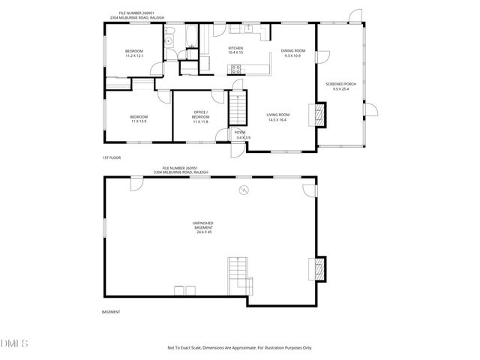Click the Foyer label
pyautogui.click(x=240, y=133)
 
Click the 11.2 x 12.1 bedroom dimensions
pyautogui.click(x=134, y=55)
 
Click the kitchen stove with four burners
pyautogui.click(x=236, y=70)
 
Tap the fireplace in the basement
pyautogui.click(x=318, y=268)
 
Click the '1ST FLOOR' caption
pyautogui.click(x=111, y=157)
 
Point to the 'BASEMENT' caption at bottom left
pyautogui.click(x=110, y=311)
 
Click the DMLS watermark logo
pyautogui.click(x=13, y=343)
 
